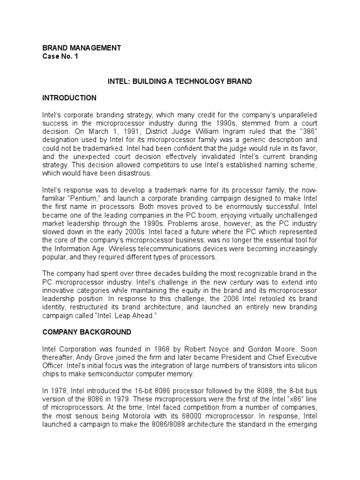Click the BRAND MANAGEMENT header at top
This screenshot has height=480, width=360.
[x=82, y=48]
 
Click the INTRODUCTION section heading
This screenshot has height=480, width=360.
[x=69, y=98]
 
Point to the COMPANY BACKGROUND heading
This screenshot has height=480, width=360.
[x=87, y=332]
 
